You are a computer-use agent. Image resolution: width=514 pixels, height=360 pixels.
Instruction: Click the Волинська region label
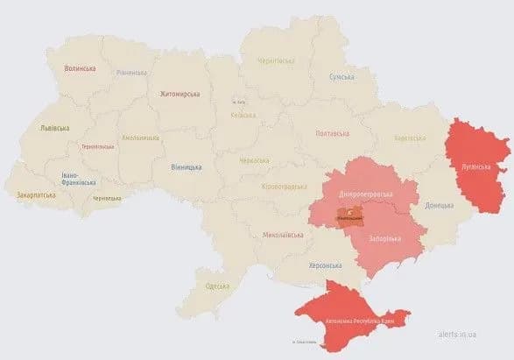(x=81, y=67)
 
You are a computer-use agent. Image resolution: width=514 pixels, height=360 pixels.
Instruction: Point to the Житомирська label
(x=180, y=94)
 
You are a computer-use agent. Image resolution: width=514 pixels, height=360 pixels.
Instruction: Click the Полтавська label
(x=332, y=134)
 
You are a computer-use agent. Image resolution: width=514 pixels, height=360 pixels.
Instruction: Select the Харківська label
(x=410, y=138)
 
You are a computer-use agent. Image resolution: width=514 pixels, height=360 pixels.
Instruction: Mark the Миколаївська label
(x=282, y=235)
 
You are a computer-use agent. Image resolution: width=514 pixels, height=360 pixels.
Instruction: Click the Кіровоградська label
(x=285, y=187)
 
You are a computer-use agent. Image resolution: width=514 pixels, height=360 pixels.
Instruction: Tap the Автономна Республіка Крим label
(x=359, y=322)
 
